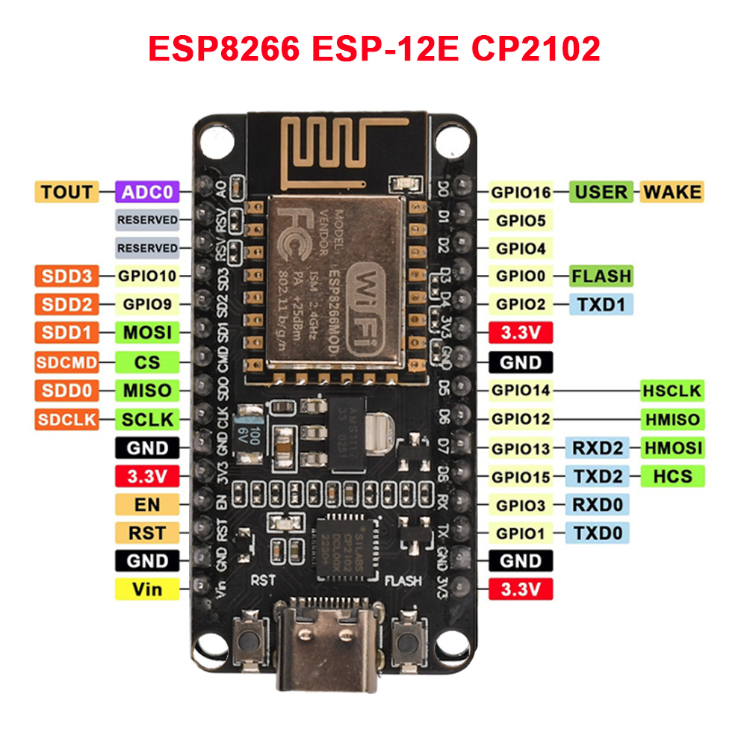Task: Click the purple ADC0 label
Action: point(147,192)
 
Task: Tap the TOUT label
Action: point(67,192)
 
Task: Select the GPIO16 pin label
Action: point(521,192)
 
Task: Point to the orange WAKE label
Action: point(672,192)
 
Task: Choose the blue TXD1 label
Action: point(601,304)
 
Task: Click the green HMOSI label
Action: point(672,447)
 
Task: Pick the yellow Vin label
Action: point(147,589)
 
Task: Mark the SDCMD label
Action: point(67,362)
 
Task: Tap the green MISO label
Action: point(147,390)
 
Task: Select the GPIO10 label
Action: point(147,276)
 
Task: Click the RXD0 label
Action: point(598,504)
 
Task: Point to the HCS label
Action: point(672,476)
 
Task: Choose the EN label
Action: point(147,504)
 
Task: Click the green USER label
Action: point(601,192)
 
